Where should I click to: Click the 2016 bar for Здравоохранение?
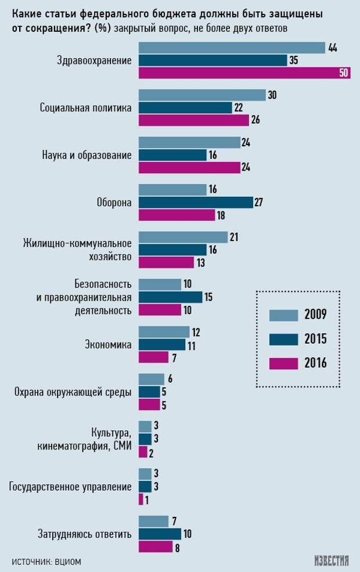click(244, 73)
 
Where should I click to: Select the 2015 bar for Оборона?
click(195, 202)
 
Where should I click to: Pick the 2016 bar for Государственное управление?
click(141, 499)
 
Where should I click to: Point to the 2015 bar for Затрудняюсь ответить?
click(160, 534)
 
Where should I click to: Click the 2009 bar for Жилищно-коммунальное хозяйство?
click(183, 237)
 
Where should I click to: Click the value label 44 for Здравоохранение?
click(333, 48)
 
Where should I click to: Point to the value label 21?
click(235, 237)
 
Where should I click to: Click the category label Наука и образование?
click(87, 155)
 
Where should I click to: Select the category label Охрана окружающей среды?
click(73, 392)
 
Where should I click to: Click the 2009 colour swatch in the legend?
click(283, 315)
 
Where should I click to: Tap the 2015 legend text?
click(315, 339)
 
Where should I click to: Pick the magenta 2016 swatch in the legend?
click(283, 364)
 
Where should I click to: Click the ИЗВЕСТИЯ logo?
click(332, 560)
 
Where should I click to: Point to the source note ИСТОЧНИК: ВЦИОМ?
click(46, 561)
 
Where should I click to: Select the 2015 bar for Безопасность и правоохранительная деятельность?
click(170, 297)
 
